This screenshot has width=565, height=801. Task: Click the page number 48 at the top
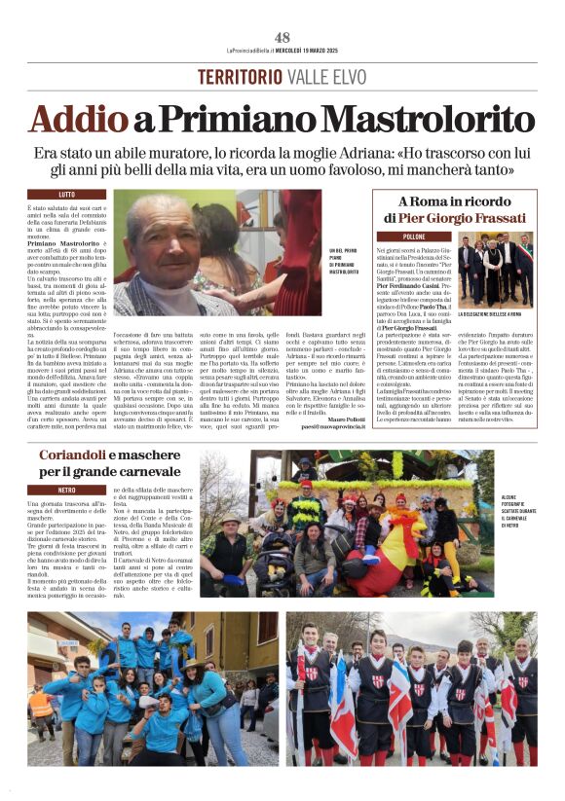point(282,38)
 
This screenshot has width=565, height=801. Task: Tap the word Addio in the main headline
point(67,119)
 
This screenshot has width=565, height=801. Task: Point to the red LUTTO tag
point(67,195)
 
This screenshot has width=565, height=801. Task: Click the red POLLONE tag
point(414,237)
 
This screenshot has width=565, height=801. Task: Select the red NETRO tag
point(67,490)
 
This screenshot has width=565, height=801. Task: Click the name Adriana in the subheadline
point(351,153)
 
